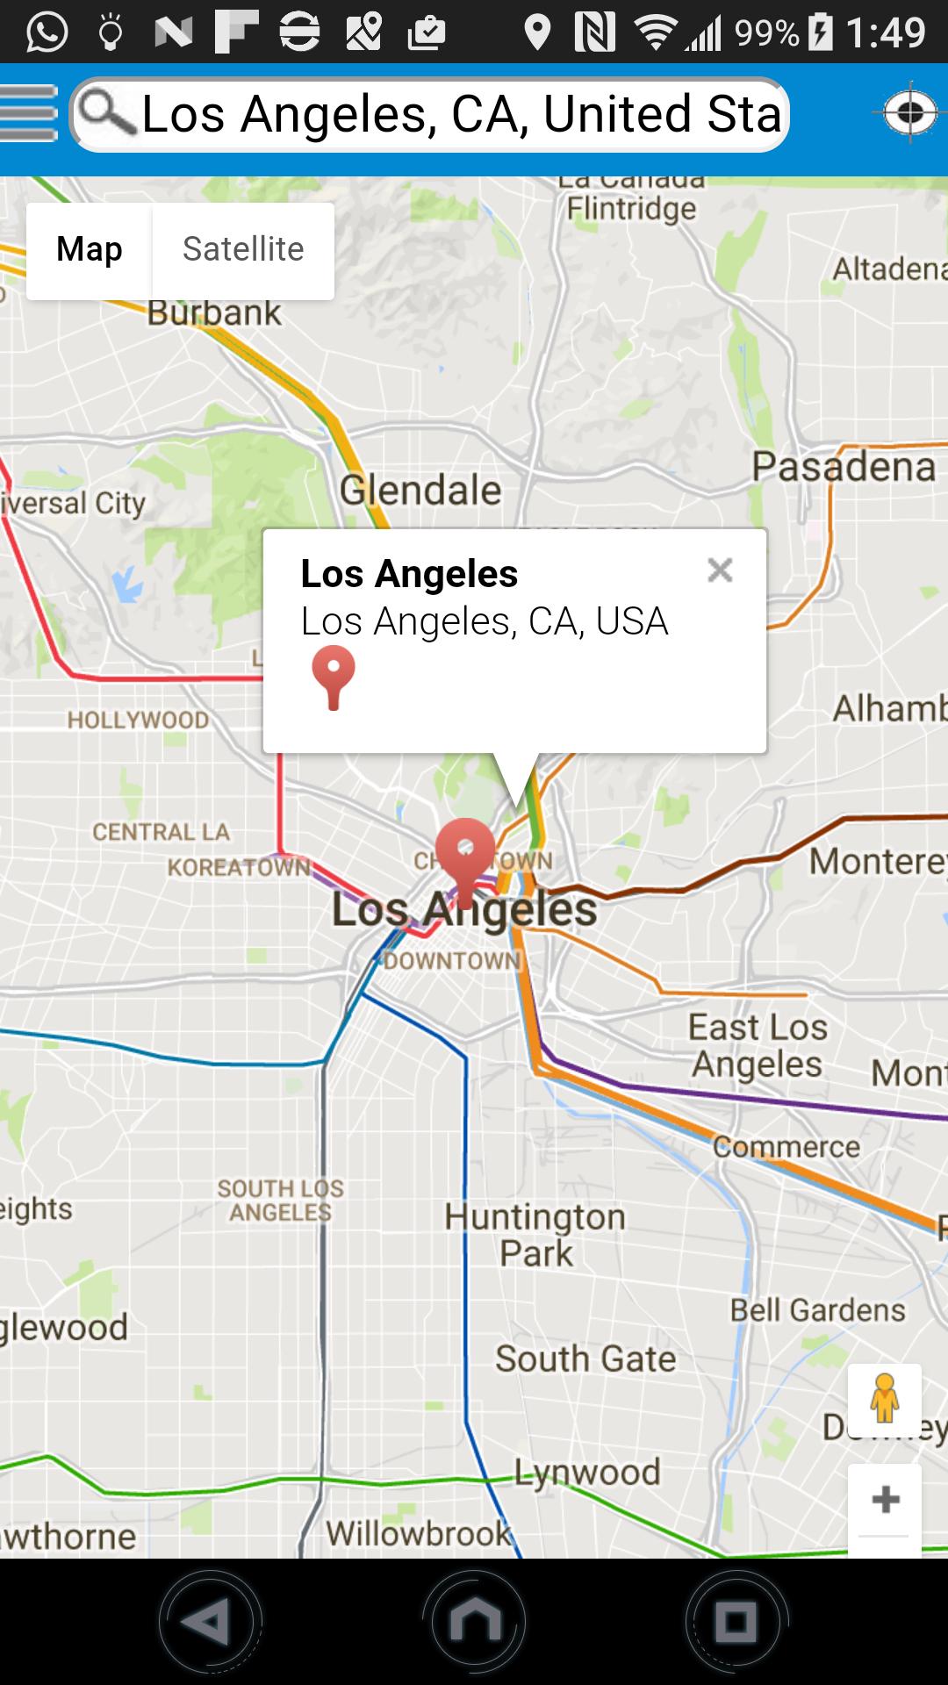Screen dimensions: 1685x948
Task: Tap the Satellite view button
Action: [243, 250]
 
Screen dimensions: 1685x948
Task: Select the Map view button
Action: [90, 250]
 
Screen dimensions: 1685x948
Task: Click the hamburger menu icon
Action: [29, 113]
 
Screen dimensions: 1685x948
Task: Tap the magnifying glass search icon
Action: [106, 114]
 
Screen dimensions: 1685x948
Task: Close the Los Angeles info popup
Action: [720, 570]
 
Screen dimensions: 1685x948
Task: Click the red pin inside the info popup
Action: [334, 677]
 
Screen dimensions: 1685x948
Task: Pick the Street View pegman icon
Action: [885, 1399]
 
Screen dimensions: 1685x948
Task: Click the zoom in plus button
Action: [885, 1499]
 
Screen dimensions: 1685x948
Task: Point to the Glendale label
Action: [420, 490]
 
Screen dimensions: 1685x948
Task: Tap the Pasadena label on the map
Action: [844, 467]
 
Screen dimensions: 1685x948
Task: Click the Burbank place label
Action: [214, 313]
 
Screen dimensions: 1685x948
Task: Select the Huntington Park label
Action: [535, 1235]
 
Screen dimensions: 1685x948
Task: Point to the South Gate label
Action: [585, 1359]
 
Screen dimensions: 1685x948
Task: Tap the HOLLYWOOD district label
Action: [139, 721]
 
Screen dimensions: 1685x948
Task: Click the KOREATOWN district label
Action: [239, 868]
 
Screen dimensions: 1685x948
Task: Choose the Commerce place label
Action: [786, 1147]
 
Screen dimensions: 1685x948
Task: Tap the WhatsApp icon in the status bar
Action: [47, 32]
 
